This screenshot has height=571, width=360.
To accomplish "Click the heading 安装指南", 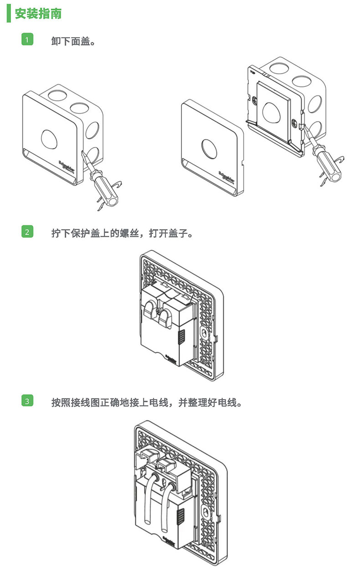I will click(38, 14).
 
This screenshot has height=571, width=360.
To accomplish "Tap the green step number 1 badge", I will click(27, 40).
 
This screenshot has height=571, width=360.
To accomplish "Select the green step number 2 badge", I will click(27, 232).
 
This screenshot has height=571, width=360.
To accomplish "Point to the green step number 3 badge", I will click(27, 401).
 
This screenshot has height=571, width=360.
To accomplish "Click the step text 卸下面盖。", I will click(73, 41).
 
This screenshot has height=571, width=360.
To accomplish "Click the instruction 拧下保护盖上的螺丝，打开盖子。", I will click(122, 233).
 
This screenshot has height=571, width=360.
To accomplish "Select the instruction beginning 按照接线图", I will click(146, 403).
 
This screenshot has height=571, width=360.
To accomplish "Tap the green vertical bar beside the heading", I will click(9, 14).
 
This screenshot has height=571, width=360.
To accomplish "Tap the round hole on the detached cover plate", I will click(210, 148).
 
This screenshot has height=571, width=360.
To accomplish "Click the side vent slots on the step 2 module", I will click(180, 337).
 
